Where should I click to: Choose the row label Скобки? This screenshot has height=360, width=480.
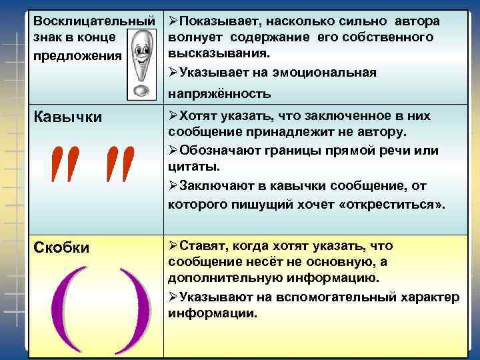click(x=61, y=247)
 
